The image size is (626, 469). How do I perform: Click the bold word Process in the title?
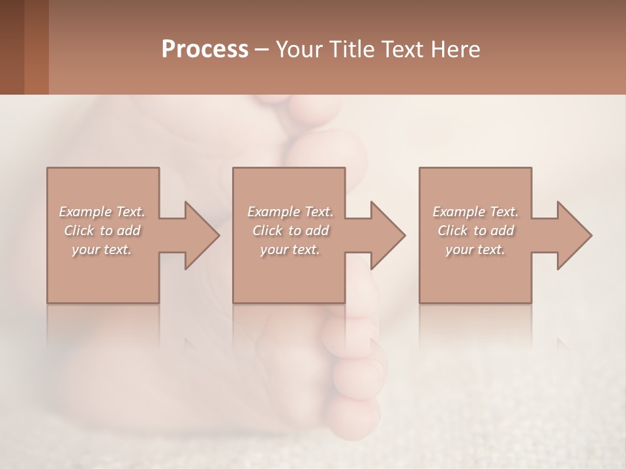(x=205, y=50)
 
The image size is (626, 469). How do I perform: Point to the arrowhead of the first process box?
(x=201, y=235)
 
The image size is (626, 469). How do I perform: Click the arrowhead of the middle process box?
(x=387, y=235)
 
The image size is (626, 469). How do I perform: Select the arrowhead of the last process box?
(x=574, y=235)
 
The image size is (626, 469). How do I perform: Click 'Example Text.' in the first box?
(x=102, y=212)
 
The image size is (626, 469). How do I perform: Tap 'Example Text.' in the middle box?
(x=290, y=212)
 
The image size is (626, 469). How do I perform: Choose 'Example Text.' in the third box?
(x=475, y=212)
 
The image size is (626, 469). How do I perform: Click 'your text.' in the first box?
(x=102, y=249)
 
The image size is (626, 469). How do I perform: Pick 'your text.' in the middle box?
(x=290, y=249)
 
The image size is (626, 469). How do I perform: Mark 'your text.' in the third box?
(x=475, y=249)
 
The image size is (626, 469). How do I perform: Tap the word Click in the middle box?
(x=267, y=231)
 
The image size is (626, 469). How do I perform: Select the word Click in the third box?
(x=453, y=231)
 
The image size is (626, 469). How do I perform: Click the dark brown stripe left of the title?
(x=12, y=47)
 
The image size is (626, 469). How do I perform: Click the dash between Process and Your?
(x=261, y=50)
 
